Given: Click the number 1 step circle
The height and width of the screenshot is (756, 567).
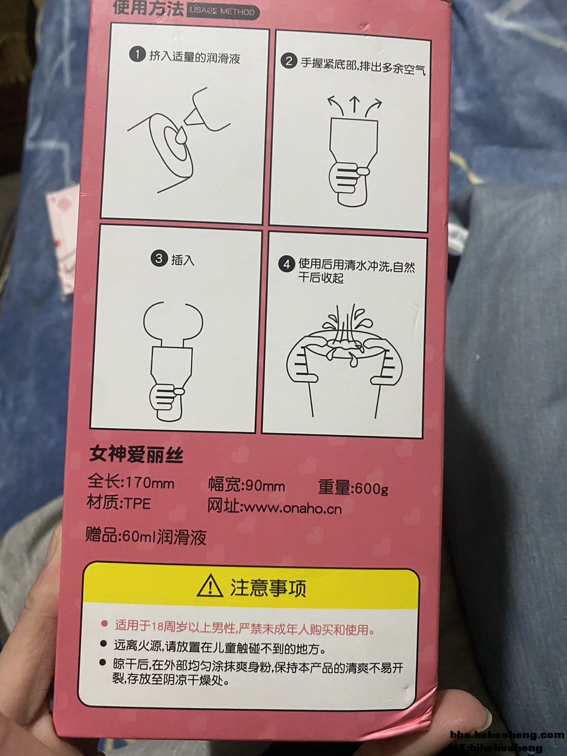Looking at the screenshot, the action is point(137,55).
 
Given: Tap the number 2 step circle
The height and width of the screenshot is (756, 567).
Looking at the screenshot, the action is point(289,61).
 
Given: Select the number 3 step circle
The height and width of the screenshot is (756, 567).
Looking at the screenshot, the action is point(159,258).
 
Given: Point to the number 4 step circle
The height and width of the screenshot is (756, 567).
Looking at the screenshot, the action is point(287,265).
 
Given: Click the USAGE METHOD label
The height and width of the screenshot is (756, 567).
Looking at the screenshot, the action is point(223,12).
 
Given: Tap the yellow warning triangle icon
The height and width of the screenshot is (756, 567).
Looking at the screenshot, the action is point(209,586).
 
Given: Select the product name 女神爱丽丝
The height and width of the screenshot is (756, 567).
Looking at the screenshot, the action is point(136,455).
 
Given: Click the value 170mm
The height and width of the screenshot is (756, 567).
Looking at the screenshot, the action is point(149,483).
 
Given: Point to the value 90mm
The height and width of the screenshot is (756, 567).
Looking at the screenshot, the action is point(265,486).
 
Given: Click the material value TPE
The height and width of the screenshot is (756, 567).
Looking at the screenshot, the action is point(138,504).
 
